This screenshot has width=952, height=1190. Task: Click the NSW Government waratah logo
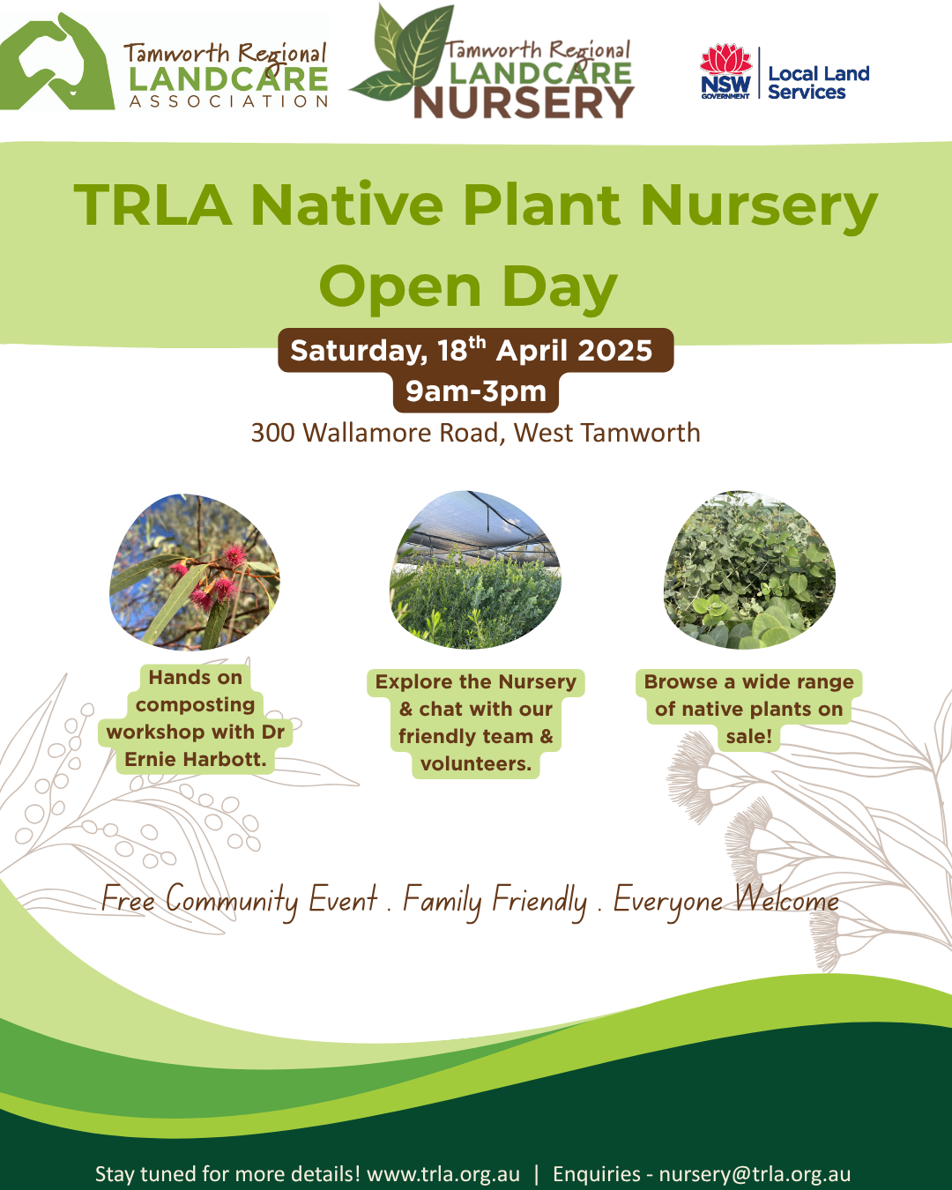(725, 71)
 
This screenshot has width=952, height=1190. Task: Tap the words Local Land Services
(818, 83)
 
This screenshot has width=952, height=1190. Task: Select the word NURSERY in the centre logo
(524, 103)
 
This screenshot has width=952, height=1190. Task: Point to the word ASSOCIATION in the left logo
(228, 101)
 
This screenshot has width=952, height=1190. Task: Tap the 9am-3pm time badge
(476, 391)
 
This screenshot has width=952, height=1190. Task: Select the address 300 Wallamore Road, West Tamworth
(476, 433)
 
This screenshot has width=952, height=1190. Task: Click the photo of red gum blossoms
(195, 571)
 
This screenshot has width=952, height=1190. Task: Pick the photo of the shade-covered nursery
(476, 569)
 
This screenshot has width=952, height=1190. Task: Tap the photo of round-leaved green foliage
(749, 569)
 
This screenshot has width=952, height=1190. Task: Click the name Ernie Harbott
(195, 759)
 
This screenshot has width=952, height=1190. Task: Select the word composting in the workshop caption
(195, 704)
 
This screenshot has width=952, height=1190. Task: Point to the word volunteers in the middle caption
(475, 763)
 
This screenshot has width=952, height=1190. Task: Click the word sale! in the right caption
(749, 736)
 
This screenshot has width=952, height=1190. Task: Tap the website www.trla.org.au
(443, 1174)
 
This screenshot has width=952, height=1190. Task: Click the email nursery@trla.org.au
(755, 1174)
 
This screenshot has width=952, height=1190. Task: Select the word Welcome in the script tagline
(786, 900)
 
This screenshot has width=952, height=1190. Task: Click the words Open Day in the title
(468, 287)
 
